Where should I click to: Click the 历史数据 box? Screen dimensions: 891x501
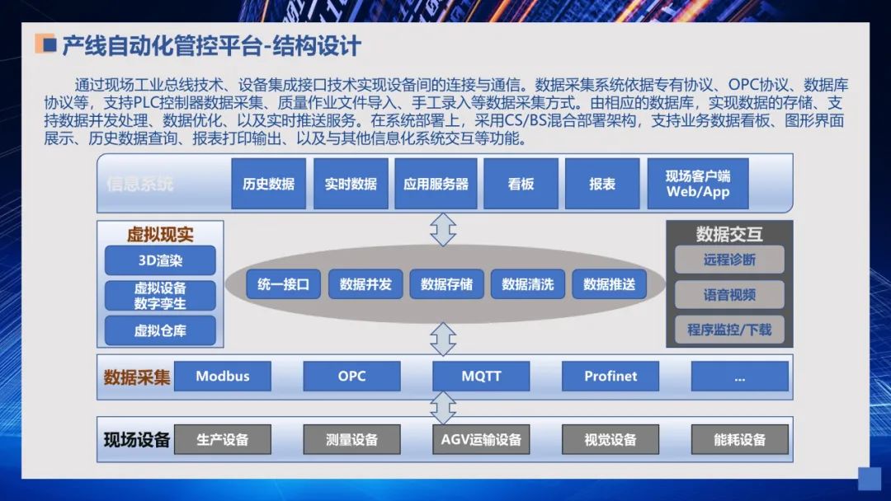click(x=268, y=184)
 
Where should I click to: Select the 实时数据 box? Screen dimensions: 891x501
click(x=351, y=184)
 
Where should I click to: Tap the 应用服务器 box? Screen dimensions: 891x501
click(x=436, y=184)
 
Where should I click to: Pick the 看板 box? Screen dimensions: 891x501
click(x=521, y=184)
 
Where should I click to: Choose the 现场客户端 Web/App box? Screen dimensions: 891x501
click(x=698, y=184)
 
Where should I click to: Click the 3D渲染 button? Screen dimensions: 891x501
click(x=160, y=260)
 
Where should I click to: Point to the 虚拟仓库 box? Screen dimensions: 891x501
click(x=160, y=330)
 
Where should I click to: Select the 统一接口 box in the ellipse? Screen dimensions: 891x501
click(x=283, y=284)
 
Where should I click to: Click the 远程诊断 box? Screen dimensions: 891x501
click(x=729, y=260)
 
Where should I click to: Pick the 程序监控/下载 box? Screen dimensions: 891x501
click(x=729, y=330)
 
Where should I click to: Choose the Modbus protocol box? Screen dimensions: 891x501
click(x=223, y=377)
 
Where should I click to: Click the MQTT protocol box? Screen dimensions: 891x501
click(x=481, y=377)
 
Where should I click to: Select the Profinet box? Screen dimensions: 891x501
click(x=610, y=377)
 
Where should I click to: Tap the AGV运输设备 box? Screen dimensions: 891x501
click(x=481, y=439)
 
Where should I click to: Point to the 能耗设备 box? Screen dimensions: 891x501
click(x=739, y=439)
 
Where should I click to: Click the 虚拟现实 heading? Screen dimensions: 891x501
click(x=160, y=234)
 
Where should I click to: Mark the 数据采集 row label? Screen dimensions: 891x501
click(x=137, y=377)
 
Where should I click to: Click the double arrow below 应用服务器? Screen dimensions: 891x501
click(x=443, y=229)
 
